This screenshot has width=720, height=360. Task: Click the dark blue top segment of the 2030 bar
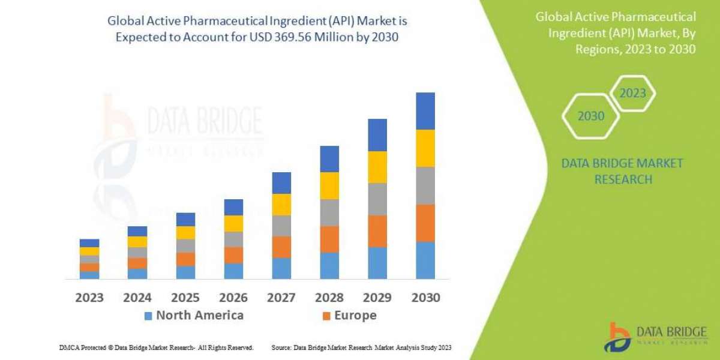coord(425,111)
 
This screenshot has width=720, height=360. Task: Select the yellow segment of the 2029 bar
coord(377,167)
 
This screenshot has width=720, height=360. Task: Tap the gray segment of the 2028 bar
coord(329,212)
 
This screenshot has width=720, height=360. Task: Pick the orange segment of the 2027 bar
coord(281,247)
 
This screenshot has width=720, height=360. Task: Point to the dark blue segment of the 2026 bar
coord(233,207)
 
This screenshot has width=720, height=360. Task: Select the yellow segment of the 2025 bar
coord(185,232)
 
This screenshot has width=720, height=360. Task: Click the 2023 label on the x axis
coord(89,297)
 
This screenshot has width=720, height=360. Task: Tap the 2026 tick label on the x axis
coord(233,297)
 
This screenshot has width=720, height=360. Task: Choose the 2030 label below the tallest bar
coord(425,297)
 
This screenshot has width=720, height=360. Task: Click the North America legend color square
coord(148,316)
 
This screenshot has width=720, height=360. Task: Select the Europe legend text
coord(355,315)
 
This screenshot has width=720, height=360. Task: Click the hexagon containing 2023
coord(632,94)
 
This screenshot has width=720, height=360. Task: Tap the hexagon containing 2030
coord(590,116)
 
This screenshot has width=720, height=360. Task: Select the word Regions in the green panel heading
coord(596,49)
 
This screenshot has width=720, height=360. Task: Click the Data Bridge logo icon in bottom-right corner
coord(616,337)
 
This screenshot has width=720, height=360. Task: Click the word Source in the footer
coord(281,347)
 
